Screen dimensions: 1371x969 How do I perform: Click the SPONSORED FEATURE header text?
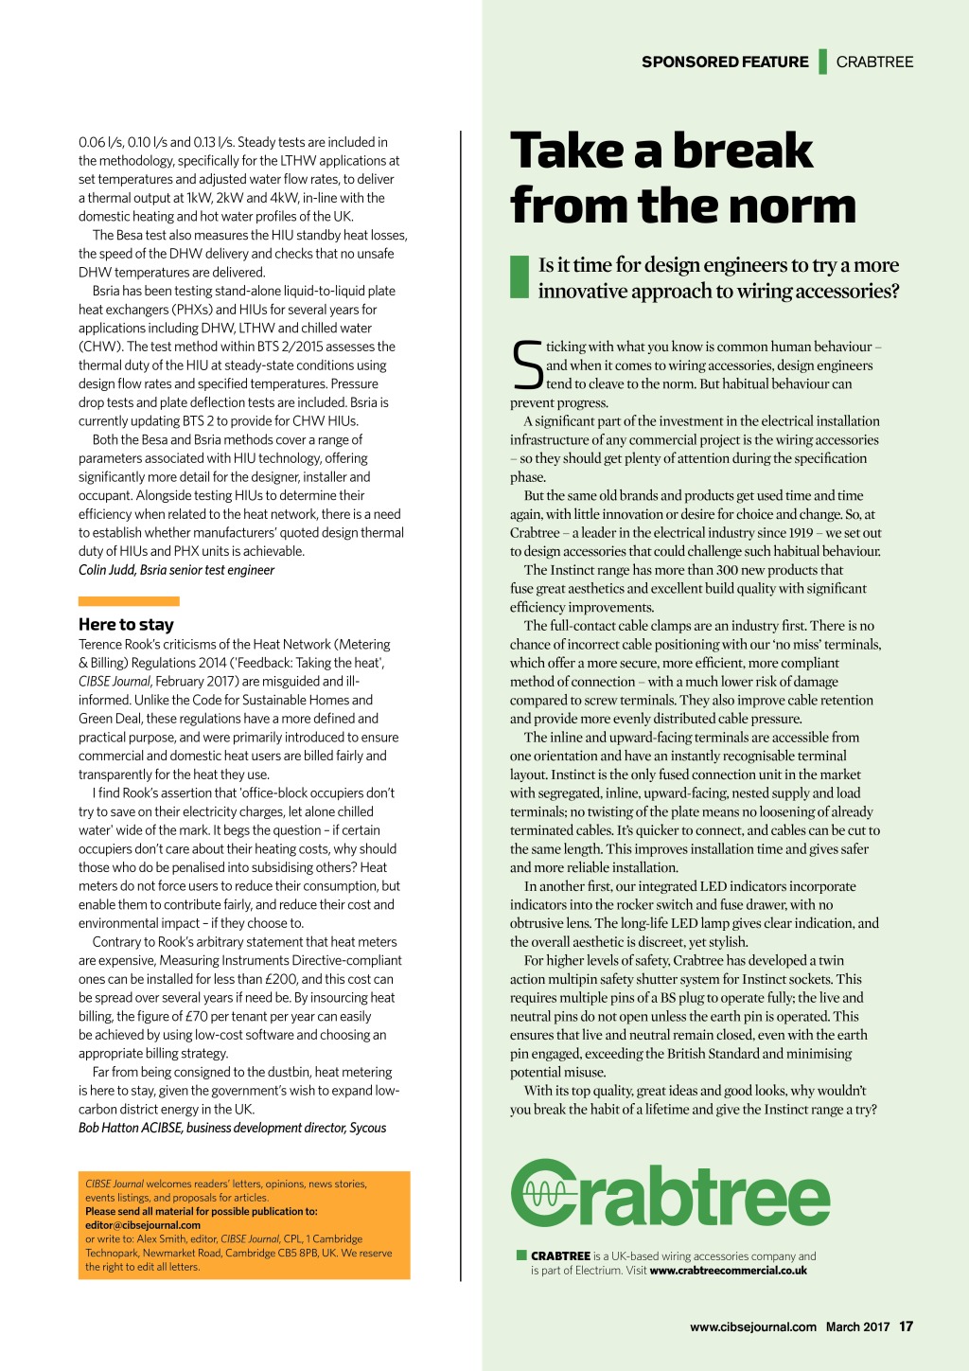[725, 62]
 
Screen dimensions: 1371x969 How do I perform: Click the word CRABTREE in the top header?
[874, 62]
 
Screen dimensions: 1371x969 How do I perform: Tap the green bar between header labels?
[823, 62]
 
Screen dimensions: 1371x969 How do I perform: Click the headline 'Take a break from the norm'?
[681, 178]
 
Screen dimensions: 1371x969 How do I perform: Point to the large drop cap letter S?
[527, 365]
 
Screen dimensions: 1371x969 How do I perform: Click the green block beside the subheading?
[519, 276]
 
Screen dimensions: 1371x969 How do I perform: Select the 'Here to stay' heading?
[126, 624]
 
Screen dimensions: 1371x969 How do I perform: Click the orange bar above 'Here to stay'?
[129, 601]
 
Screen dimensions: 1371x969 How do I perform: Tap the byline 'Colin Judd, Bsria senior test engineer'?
[176, 570]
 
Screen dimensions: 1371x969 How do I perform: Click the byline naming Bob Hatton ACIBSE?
[232, 1128]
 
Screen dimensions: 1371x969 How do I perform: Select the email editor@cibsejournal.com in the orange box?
[143, 1224]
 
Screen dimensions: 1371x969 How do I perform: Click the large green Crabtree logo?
[670, 1193]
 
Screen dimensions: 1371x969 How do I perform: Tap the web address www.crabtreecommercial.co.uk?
[728, 1271]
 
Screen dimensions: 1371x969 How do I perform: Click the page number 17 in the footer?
[906, 1326]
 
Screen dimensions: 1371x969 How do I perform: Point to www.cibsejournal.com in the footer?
[752, 1326]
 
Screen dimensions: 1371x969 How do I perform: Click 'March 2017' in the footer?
[857, 1326]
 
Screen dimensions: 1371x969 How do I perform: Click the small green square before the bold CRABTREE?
[521, 1255]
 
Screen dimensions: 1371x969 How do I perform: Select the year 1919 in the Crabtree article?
[800, 533]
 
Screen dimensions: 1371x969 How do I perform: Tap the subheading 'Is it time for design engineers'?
[718, 277]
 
